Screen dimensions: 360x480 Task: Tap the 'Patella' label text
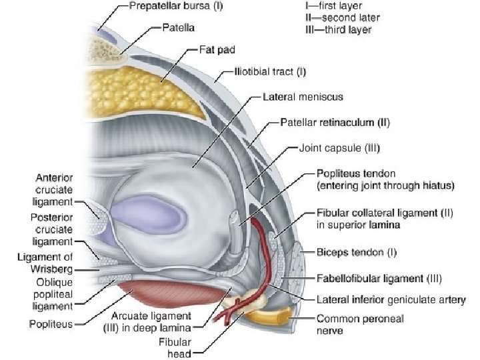point(179,29)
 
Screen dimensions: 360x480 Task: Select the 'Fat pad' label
point(217,49)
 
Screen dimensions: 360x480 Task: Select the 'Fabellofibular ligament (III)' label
point(379,277)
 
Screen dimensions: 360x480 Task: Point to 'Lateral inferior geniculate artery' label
point(391,299)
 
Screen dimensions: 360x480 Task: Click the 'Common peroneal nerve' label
point(360,324)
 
